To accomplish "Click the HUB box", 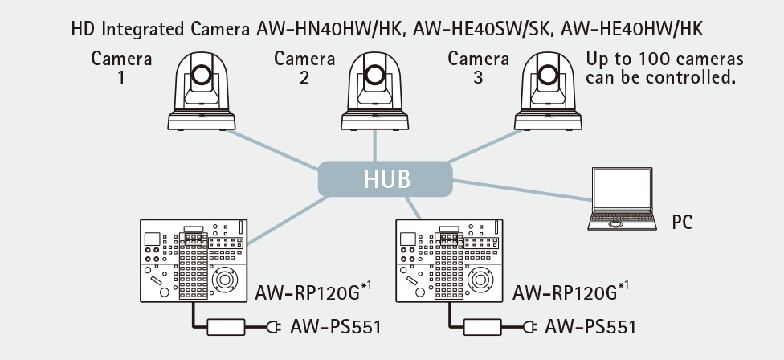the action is click(385, 179).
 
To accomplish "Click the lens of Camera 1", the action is click(201, 75).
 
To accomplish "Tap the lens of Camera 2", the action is click(374, 75).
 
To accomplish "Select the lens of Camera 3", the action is click(548, 75).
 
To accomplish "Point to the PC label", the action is click(682, 222).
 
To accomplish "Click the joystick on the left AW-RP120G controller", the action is click(224, 280).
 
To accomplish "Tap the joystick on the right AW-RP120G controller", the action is click(480, 280).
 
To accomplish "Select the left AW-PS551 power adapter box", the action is click(226, 327).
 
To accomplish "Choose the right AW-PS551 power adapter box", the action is click(483, 327).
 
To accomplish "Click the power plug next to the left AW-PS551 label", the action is click(273, 327).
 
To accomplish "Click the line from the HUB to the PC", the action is click(522, 190).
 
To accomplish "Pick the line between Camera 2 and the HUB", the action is click(374, 145).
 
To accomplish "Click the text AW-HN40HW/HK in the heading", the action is click(329, 29).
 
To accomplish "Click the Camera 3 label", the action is click(478, 68).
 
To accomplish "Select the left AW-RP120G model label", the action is click(313, 292).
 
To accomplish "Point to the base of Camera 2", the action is click(374, 120).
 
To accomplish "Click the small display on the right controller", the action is click(408, 239).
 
